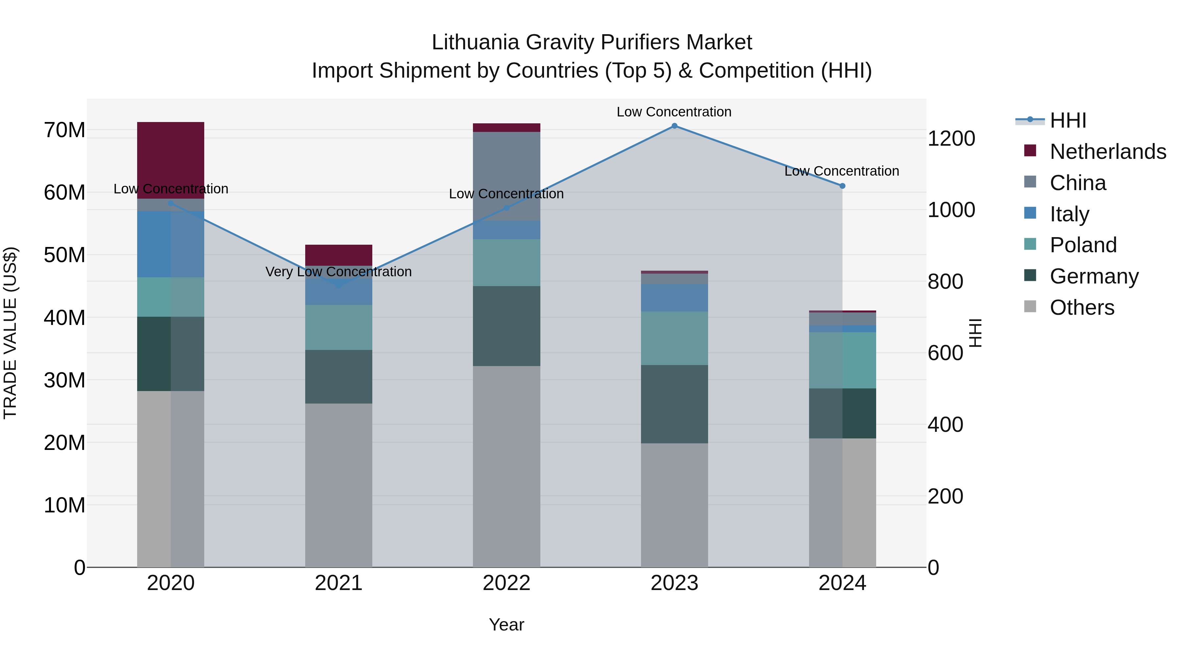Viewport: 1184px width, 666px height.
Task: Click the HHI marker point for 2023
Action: pyautogui.click(x=674, y=126)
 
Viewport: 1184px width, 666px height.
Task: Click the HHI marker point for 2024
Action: pyautogui.click(x=842, y=186)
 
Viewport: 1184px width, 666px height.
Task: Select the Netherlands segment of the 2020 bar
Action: pyautogui.click(x=170, y=160)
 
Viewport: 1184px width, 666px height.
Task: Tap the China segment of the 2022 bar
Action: pyautogui.click(x=506, y=176)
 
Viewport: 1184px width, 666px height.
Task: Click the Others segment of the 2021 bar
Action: pyautogui.click(x=338, y=485)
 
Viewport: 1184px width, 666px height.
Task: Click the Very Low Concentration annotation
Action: pyautogui.click(x=338, y=272)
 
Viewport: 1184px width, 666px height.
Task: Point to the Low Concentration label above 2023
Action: pyautogui.click(x=674, y=112)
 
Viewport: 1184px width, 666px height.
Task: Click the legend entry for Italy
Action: pyautogui.click(x=1069, y=214)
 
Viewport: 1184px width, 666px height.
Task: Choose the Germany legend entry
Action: pyautogui.click(x=1094, y=276)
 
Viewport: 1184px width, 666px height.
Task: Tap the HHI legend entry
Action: pyautogui.click(x=1068, y=120)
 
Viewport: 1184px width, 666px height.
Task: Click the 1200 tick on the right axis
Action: pyautogui.click(x=951, y=138)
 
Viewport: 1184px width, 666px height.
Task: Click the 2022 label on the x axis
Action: pyautogui.click(x=506, y=583)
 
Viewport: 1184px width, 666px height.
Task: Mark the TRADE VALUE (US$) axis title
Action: pyautogui.click(x=10, y=333)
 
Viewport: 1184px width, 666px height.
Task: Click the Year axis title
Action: pyautogui.click(x=506, y=625)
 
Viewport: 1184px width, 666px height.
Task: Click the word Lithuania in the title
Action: pyautogui.click(x=475, y=42)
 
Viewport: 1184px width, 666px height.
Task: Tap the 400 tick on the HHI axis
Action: pyautogui.click(x=945, y=424)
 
